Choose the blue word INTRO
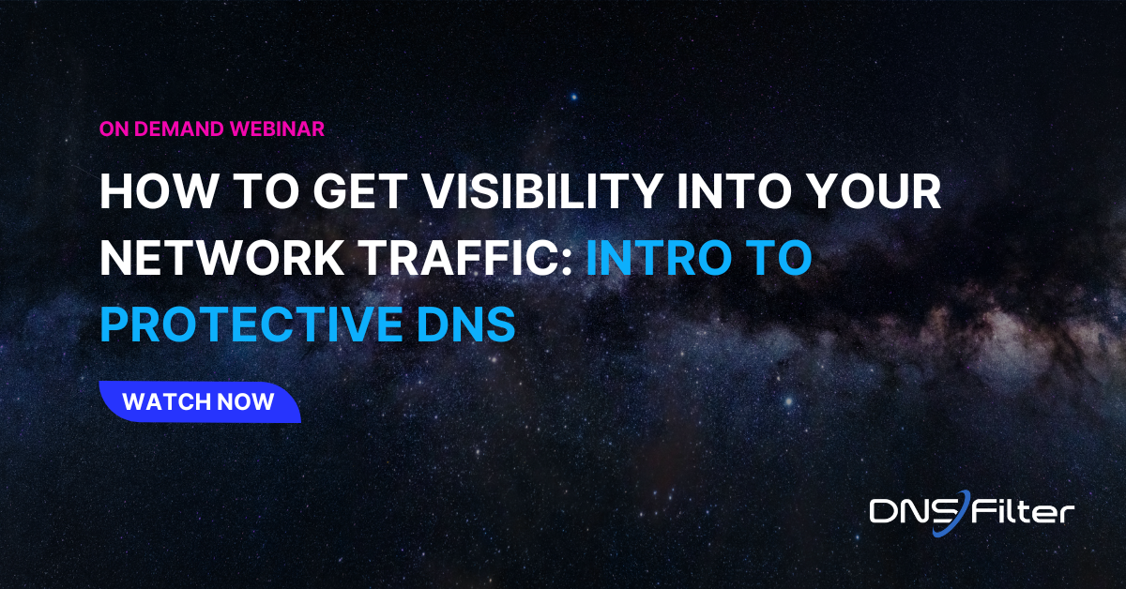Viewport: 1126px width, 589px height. pos(666,259)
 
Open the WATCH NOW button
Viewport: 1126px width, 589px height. pos(199,402)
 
